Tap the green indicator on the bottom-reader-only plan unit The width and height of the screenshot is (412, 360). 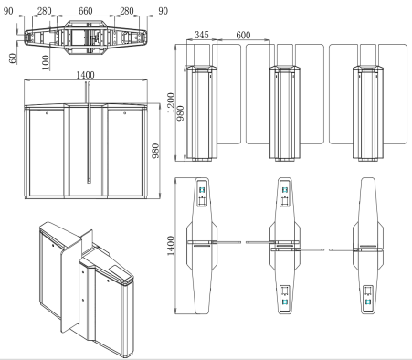370,300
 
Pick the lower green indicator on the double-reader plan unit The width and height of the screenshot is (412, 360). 285,300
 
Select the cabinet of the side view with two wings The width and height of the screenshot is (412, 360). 285,110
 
